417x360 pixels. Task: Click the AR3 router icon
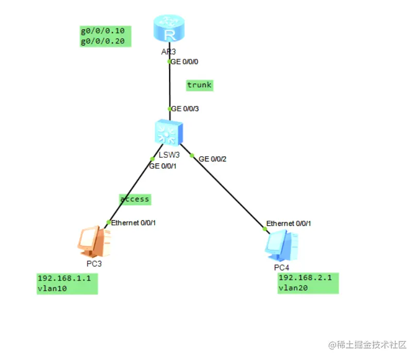tap(169, 29)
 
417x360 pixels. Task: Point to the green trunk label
tap(199, 85)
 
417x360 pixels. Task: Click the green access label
tap(135, 199)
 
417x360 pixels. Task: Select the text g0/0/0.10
tap(103, 31)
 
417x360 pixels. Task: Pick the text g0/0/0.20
tap(103, 41)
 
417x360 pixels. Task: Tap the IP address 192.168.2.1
tap(305, 278)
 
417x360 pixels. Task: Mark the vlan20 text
tap(293, 288)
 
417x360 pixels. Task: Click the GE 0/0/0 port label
tap(185, 61)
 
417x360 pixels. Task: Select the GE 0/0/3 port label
tap(185, 109)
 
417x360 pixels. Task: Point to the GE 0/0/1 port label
tap(163, 166)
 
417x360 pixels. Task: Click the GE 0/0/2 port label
tap(212, 159)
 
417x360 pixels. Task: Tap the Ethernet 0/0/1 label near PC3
tap(134, 223)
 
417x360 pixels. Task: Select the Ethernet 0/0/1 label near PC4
tap(289, 224)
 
